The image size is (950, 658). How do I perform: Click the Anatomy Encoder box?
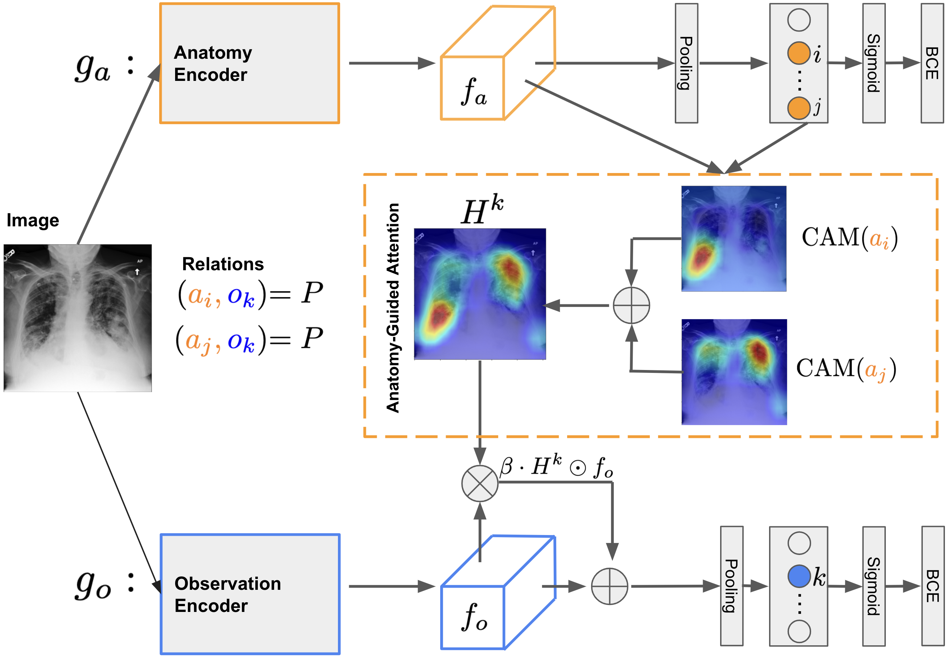249,63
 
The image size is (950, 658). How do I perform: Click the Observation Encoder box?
250,594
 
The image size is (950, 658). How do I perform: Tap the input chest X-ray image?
78,318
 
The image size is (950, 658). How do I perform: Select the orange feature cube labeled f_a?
498,63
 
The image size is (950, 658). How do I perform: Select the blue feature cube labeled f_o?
498,592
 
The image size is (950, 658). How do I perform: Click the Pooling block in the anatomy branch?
686,63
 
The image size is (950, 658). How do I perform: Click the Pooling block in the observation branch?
732,586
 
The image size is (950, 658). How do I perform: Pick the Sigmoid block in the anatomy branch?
874,63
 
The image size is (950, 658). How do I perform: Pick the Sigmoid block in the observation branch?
874,586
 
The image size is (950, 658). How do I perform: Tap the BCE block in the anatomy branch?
932,63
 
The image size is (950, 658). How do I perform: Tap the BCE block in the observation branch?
933,586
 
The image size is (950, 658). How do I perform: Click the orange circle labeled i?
799,53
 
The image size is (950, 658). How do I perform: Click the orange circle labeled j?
799,108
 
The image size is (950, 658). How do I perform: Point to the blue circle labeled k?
799,576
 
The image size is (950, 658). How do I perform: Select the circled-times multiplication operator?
480,483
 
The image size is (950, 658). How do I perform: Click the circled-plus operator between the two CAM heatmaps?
631,305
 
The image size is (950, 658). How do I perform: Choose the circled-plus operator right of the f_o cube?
609,586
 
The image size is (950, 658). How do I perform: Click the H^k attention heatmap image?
480,294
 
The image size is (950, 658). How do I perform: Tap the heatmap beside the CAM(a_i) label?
734,239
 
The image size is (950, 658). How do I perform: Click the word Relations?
223,264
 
